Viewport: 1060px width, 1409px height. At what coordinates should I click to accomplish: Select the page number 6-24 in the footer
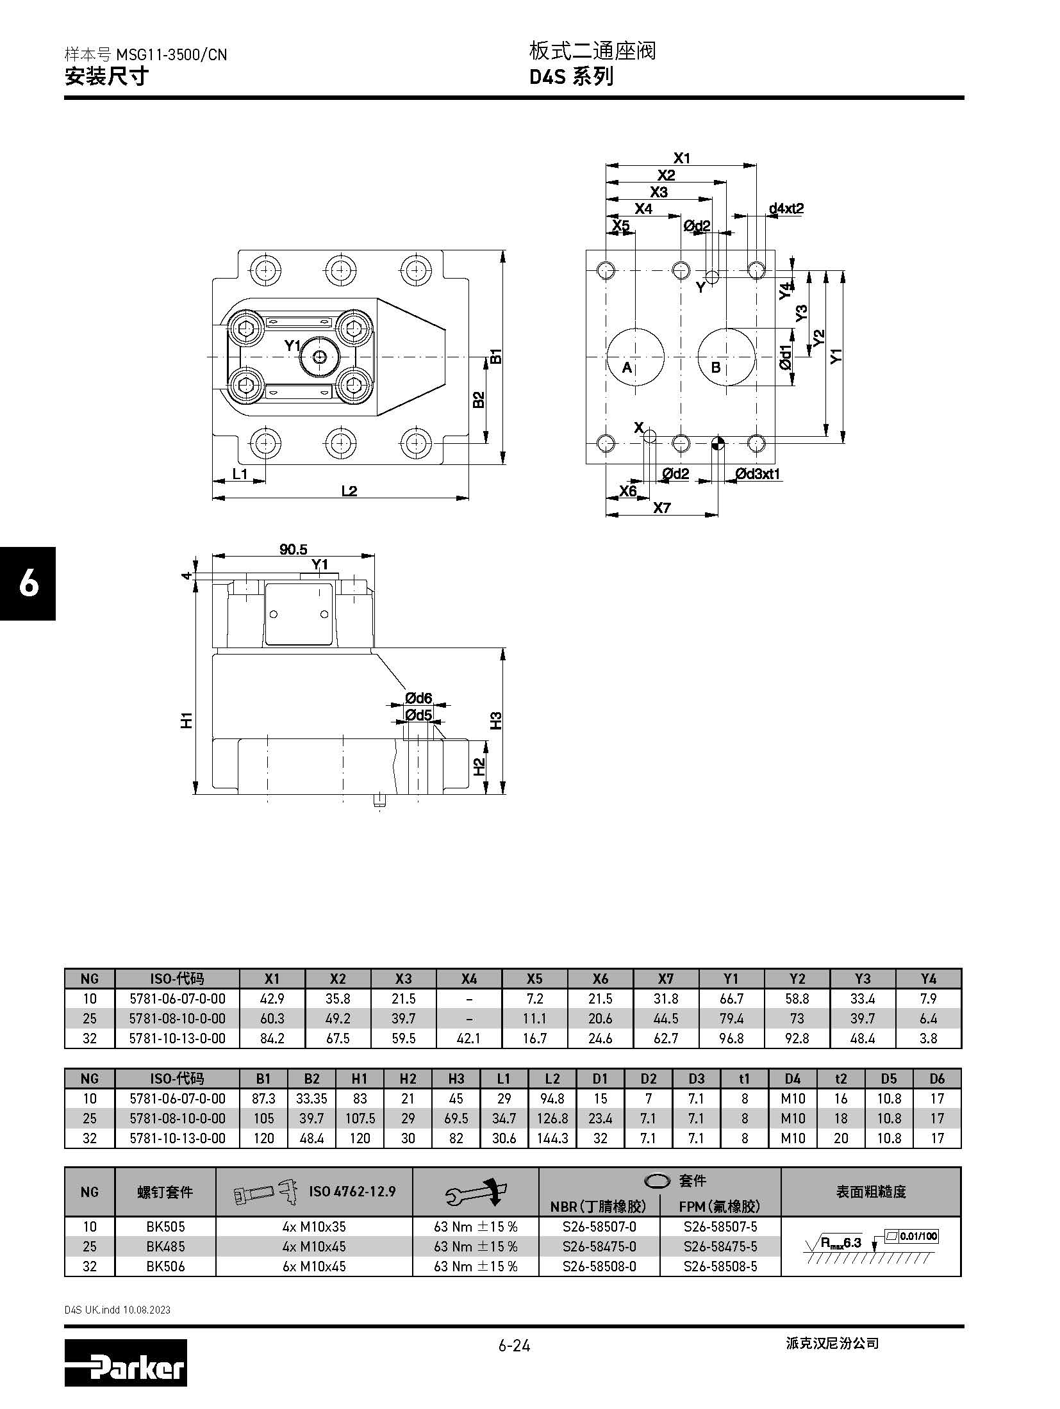(514, 1345)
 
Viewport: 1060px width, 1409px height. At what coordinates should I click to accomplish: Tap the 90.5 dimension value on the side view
(294, 549)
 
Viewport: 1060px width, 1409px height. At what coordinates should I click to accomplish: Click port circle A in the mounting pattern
(636, 357)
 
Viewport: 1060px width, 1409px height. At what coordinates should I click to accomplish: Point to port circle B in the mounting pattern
(726, 357)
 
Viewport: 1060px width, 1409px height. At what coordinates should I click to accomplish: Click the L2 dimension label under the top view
(349, 491)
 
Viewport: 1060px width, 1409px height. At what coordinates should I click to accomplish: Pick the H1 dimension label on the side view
(186, 720)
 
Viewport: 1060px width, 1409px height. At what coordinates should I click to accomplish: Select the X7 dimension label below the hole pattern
(662, 508)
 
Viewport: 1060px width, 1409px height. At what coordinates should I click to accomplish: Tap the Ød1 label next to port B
(786, 357)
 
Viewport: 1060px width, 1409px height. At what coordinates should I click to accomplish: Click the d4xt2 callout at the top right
(786, 208)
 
